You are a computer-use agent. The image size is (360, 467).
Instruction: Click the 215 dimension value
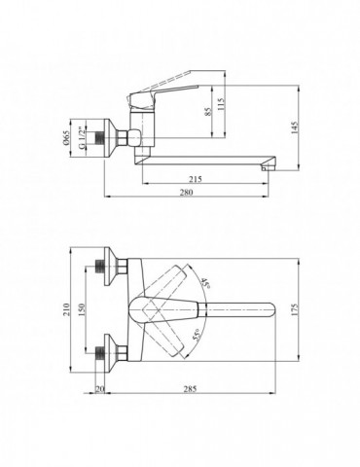tap(196, 179)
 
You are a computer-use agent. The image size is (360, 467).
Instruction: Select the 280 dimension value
tap(187, 192)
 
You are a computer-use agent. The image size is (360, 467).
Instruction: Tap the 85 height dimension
tap(207, 111)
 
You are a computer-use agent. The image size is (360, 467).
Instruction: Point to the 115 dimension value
tap(221, 105)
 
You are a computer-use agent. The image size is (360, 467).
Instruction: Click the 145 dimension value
tap(295, 128)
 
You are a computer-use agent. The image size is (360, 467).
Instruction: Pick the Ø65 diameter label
tap(66, 137)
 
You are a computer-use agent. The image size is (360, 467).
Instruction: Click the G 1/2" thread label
tap(83, 138)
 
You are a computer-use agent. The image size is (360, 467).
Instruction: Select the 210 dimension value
tap(66, 309)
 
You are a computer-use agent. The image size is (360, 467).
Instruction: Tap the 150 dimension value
tap(81, 309)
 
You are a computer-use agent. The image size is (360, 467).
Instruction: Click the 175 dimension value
tap(295, 310)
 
